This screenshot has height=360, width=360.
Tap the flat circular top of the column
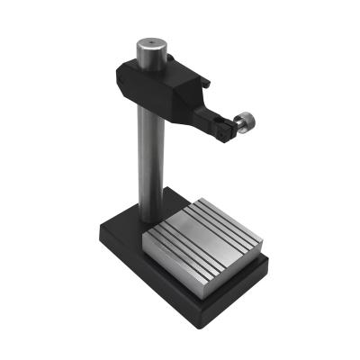coord(144,44)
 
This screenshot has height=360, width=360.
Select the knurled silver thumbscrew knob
coord(243,123)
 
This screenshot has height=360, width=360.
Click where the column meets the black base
coord(148,221)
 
